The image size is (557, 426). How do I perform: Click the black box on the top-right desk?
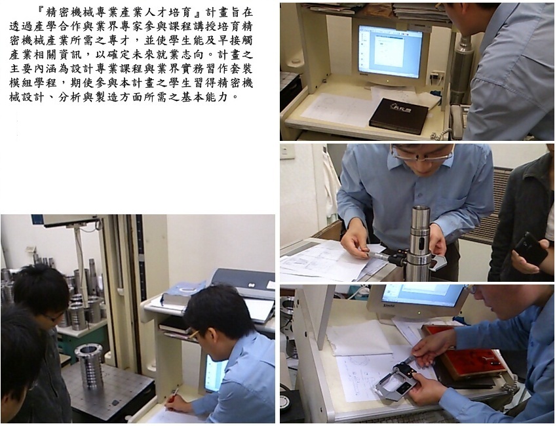point(398,115)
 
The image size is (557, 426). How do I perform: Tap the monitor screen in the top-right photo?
point(390,51)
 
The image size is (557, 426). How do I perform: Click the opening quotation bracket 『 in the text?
point(41,12)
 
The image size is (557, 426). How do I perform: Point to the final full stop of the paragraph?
point(235,98)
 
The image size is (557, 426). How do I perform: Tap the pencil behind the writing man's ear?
point(193,335)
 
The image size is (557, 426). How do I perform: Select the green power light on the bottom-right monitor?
point(419,313)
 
